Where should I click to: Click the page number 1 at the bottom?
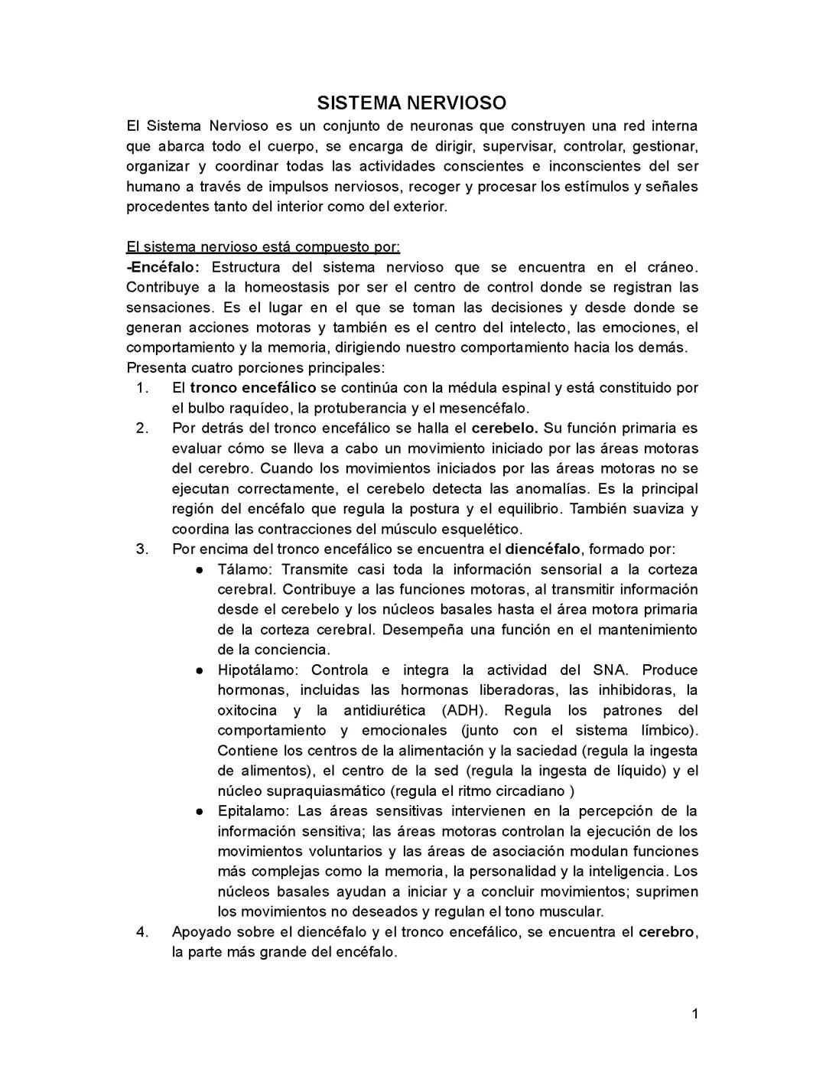694,1015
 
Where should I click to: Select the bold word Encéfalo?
163,267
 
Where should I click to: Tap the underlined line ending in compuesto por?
263,247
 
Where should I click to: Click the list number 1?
141,388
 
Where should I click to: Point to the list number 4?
141,932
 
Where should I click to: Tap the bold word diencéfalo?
543,549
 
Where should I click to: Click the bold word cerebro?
667,932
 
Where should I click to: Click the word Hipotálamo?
258,670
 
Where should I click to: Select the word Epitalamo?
253,811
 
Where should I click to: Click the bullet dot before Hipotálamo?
199,670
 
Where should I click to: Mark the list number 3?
141,549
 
